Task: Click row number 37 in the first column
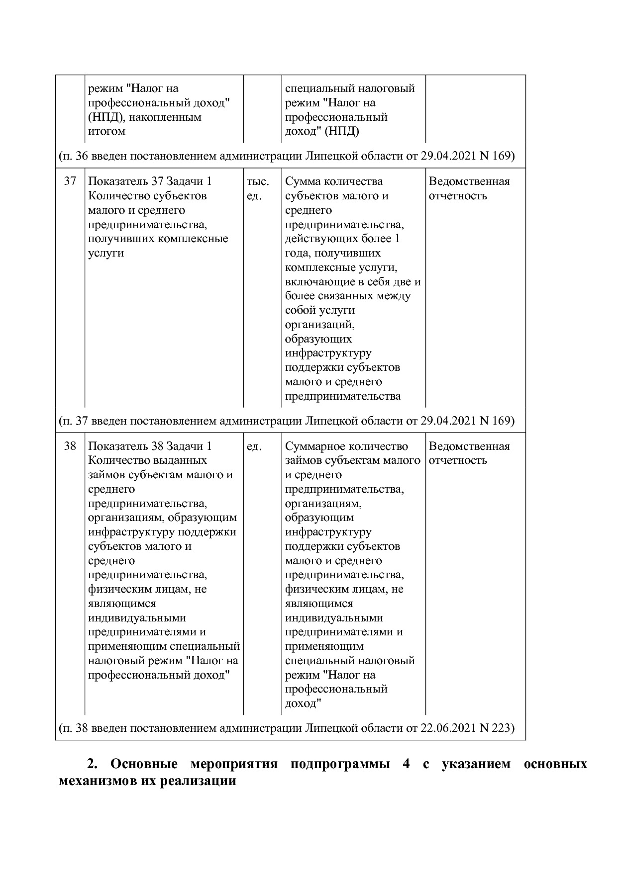click(70, 181)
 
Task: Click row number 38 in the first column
click(70, 446)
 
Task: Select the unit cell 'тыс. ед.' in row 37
click(257, 188)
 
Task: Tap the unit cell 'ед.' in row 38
click(254, 446)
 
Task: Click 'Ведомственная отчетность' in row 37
click(469, 188)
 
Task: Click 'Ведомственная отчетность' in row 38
click(469, 453)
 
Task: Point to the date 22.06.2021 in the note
click(448, 728)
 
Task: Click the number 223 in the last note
click(501, 728)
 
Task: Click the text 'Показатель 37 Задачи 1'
click(150, 181)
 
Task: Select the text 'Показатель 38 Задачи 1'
click(150, 446)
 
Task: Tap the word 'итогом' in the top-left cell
click(106, 131)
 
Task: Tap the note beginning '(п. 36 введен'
click(286, 156)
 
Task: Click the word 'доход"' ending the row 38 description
click(303, 703)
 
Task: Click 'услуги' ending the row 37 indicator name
click(105, 253)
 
